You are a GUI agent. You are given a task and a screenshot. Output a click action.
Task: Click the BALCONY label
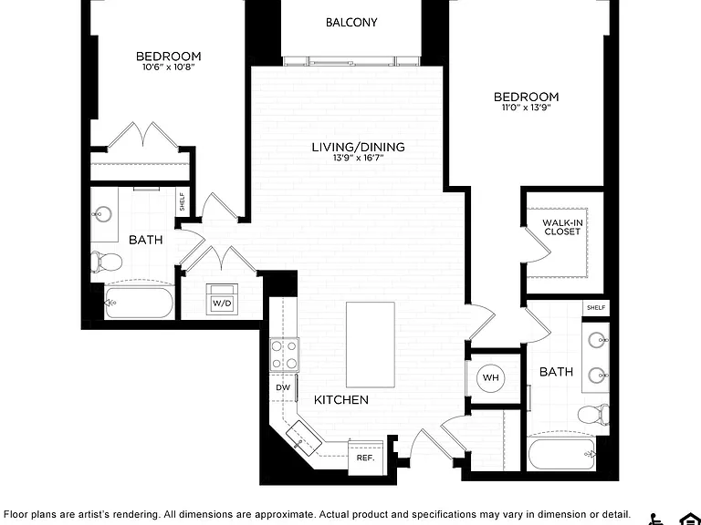tap(351, 22)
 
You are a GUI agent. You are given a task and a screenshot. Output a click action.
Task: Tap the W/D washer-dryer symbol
tap(222, 299)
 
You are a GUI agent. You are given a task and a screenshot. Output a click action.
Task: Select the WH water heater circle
tap(490, 377)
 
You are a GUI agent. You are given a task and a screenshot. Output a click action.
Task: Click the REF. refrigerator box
tap(365, 458)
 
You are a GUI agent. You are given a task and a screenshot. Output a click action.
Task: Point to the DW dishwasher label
tap(283, 387)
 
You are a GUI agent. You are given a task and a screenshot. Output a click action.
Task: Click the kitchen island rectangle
tap(371, 345)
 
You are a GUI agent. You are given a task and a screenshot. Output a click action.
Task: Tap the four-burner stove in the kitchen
tap(285, 355)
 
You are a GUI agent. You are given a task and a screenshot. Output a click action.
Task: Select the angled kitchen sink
tap(304, 438)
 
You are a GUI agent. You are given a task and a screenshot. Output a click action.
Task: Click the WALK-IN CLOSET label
tap(562, 227)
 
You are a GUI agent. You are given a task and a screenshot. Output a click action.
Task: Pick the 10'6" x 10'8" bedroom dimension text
tap(169, 67)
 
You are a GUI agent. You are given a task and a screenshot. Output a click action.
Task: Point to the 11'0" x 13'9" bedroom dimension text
tap(526, 108)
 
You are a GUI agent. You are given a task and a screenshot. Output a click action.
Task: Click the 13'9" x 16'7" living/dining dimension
tap(359, 158)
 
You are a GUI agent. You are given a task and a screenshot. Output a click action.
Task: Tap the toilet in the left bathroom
tap(106, 262)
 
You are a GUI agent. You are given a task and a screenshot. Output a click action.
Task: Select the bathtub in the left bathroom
tap(139, 303)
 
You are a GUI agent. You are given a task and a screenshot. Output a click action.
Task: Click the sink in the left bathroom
tap(104, 215)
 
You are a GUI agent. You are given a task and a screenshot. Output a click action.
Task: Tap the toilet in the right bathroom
tap(593, 415)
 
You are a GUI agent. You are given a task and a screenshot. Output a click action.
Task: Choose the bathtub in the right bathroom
tap(561, 454)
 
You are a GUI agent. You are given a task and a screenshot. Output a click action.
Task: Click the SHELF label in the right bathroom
tap(596, 307)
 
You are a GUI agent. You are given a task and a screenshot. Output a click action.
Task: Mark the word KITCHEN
tap(341, 400)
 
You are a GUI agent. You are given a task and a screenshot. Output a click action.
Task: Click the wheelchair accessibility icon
tap(657, 520)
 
